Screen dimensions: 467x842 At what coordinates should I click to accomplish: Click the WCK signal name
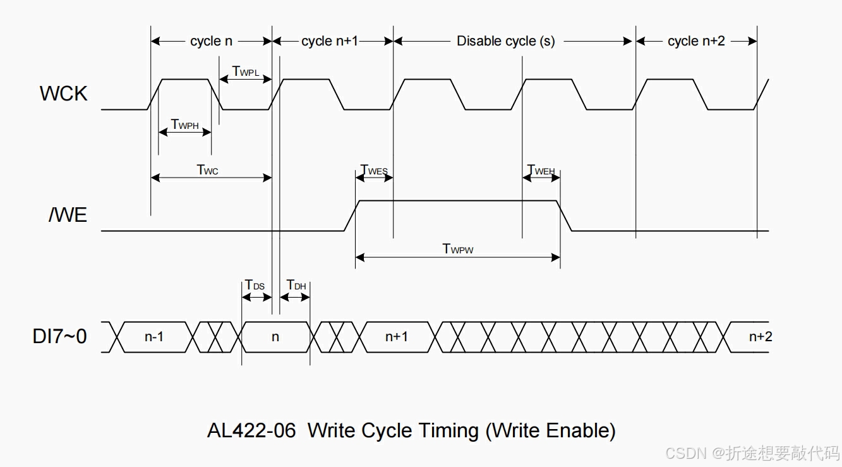pos(63,94)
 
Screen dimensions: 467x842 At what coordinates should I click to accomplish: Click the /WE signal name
pos(68,215)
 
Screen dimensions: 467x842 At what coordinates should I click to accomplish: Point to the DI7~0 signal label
pos(59,336)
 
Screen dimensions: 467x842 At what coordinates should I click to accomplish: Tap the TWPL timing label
pos(246,71)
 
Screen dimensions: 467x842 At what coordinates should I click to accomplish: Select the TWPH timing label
pos(184,125)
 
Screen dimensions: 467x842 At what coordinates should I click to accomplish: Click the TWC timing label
pos(207,169)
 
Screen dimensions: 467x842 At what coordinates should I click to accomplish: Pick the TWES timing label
pos(373,170)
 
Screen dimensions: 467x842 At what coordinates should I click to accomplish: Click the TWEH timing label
pos(541,170)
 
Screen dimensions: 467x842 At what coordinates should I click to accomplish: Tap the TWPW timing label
pos(457,248)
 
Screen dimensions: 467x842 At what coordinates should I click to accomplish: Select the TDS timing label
pos(255,285)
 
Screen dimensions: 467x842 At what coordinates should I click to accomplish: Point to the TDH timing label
pos(296,285)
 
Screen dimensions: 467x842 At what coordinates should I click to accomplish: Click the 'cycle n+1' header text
pos(329,41)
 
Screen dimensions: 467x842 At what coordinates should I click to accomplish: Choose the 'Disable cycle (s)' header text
pos(505,41)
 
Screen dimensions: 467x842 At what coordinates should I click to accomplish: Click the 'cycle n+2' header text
pos(696,41)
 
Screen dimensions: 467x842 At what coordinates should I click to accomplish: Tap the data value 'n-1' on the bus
pos(153,337)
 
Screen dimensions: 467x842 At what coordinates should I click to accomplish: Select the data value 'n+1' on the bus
pos(396,337)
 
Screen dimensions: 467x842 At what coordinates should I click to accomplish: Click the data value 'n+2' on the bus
pos(760,337)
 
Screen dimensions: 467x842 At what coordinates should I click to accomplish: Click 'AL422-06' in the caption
pos(251,431)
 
